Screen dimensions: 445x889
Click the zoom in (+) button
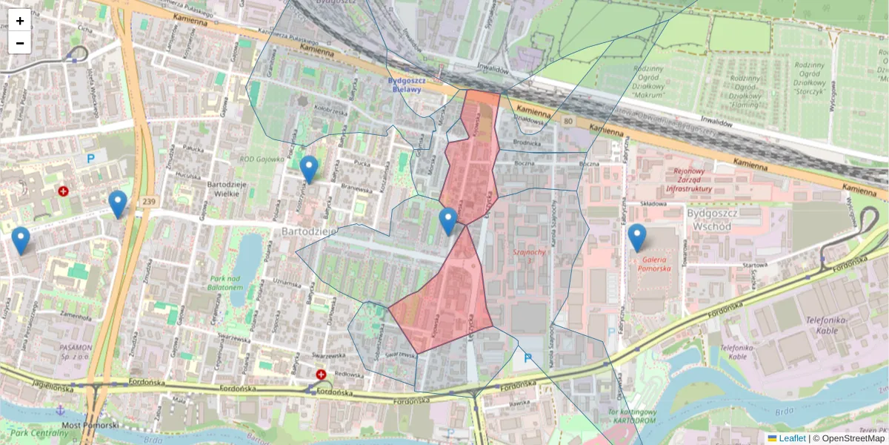(x=20, y=21)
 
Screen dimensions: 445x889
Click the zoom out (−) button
(x=20, y=43)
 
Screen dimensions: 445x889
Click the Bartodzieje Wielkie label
(x=213, y=188)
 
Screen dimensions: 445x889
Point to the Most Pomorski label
(x=90, y=425)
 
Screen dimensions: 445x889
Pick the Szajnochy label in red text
(x=529, y=252)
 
